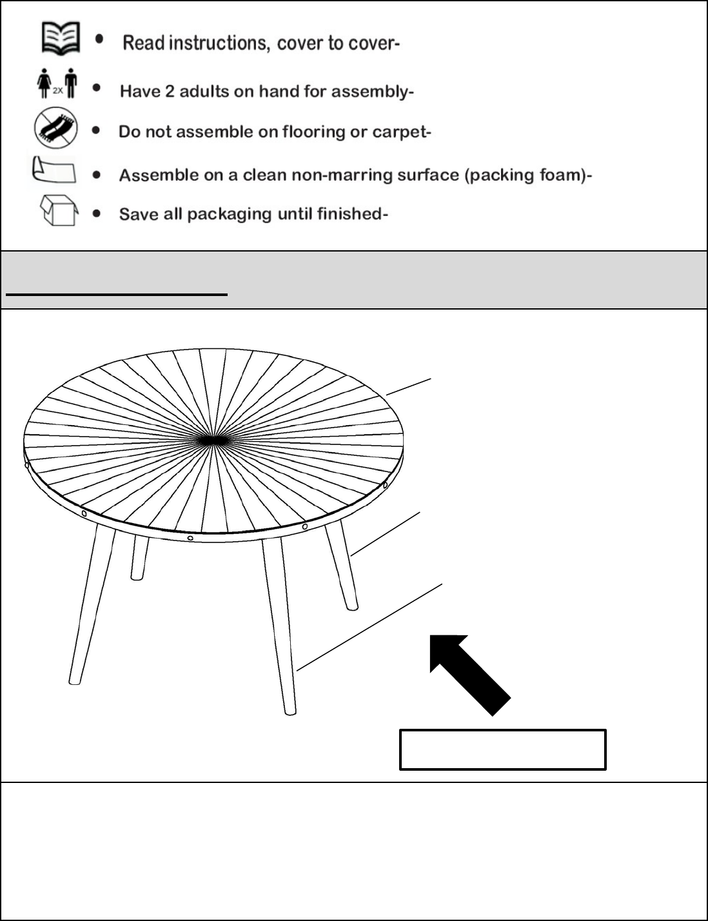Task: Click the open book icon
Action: tap(61, 38)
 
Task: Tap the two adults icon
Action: tap(57, 83)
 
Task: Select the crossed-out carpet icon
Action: tap(56, 128)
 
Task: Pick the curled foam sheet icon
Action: tap(54, 170)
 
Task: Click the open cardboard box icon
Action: tap(59, 210)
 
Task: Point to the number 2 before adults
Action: tap(170, 91)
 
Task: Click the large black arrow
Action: tap(470, 675)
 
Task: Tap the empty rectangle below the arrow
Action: tap(502, 750)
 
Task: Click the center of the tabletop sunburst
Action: tap(212, 441)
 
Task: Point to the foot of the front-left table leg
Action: tap(75, 681)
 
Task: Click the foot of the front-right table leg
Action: tap(290, 712)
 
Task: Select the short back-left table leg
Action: tap(139, 557)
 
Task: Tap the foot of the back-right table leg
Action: tap(352, 608)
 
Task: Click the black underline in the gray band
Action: tap(117, 293)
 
